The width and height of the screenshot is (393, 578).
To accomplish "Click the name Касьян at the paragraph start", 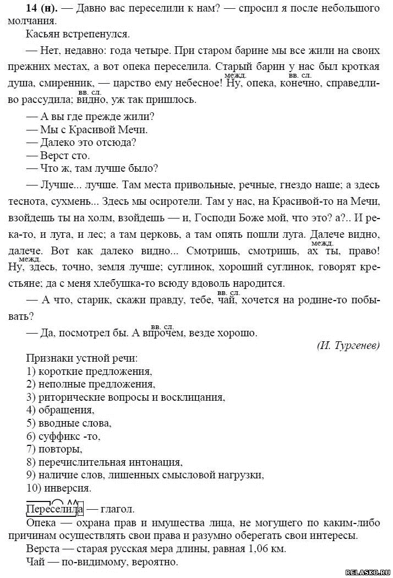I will click(x=42, y=35).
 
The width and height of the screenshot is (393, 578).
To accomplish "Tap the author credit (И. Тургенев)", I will click(x=348, y=346).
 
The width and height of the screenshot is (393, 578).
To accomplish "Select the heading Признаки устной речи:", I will click(x=75, y=359).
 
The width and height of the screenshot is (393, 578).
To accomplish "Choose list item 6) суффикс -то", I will click(x=63, y=436).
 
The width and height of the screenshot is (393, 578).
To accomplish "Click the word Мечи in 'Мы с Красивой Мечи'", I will click(x=136, y=130).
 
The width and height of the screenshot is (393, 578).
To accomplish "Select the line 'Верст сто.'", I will click(x=64, y=156).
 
